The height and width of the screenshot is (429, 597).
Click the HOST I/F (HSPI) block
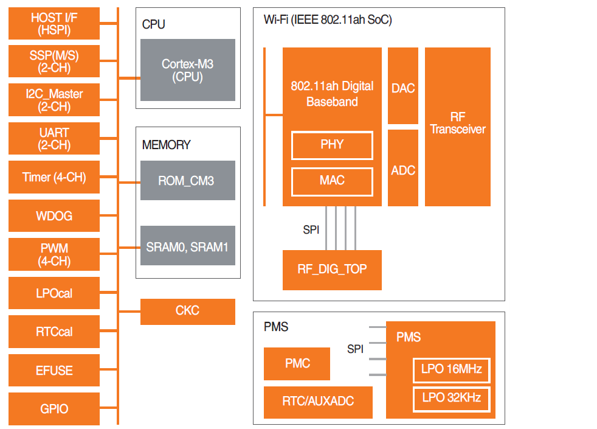click(x=54, y=24)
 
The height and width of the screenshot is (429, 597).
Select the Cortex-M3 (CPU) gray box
click(x=187, y=71)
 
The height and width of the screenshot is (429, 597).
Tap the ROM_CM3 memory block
click(x=187, y=181)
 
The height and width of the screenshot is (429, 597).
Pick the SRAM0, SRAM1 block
click(x=187, y=246)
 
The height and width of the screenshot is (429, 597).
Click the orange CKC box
click(x=187, y=311)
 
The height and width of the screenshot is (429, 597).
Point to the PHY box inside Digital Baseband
click(x=332, y=145)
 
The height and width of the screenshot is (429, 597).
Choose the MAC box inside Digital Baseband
click(x=332, y=181)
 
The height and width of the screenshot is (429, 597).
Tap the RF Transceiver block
click(x=458, y=127)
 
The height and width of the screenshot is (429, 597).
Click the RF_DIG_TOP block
click(x=332, y=270)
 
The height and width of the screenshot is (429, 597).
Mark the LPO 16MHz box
click(x=451, y=369)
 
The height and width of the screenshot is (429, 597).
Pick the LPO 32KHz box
click(x=451, y=398)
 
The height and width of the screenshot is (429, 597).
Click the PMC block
click(x=297, y=364)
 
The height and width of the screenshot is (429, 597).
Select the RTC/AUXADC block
click(x=318, y=402)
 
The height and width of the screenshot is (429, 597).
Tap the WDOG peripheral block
click(x=54, y=217)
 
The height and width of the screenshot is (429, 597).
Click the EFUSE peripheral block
click(x=54, y=371)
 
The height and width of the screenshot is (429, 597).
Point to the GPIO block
click(x=54, y=409)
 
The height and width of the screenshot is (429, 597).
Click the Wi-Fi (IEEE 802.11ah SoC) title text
click(x=328, y=20)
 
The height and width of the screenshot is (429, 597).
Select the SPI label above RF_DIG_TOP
click(x=311, y=230)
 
